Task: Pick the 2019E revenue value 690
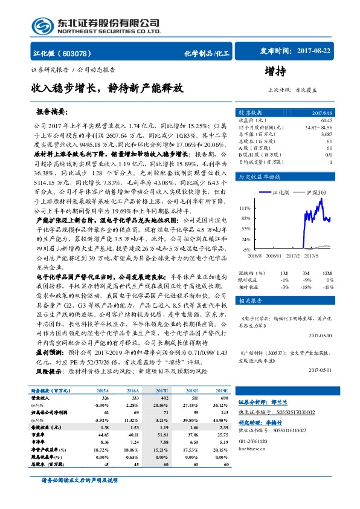[222, 399]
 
